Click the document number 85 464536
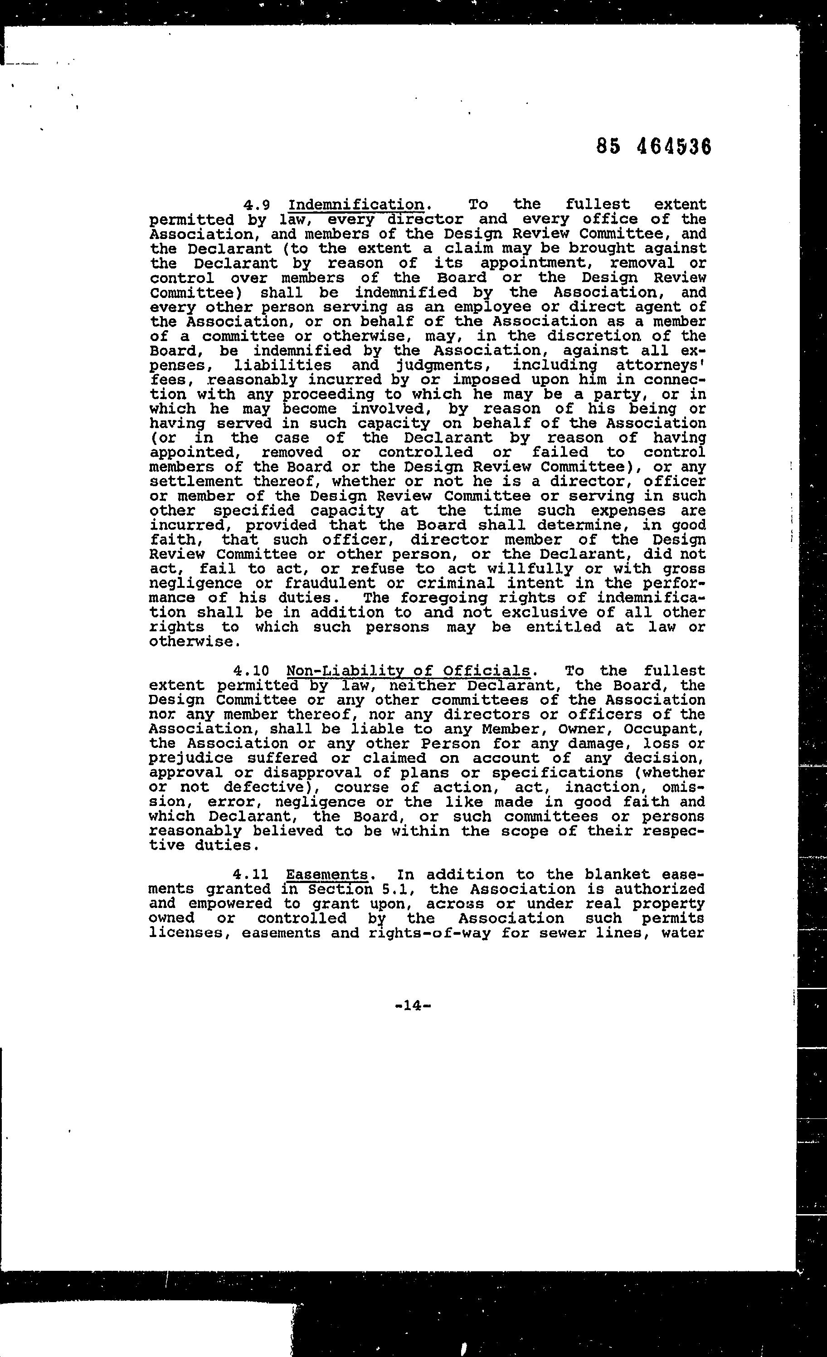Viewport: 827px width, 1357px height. pyautogui.click(x=653, y=147)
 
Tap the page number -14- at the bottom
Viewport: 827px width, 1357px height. pyautogui.click(x=413, y=1005)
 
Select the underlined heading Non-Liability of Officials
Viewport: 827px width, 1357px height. pyautogui.click(x=408, y=671)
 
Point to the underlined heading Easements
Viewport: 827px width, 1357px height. pyautogui.click(x=326, y=874)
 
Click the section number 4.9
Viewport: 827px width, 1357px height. pyautogui.click(x=256, y=205)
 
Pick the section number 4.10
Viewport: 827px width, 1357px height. pyautogui.click(x=251, y=671)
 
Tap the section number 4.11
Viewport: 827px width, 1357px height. pyautogui.click(x=251, y=874)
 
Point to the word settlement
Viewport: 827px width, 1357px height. pyautogui.click(x=195, y=481)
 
